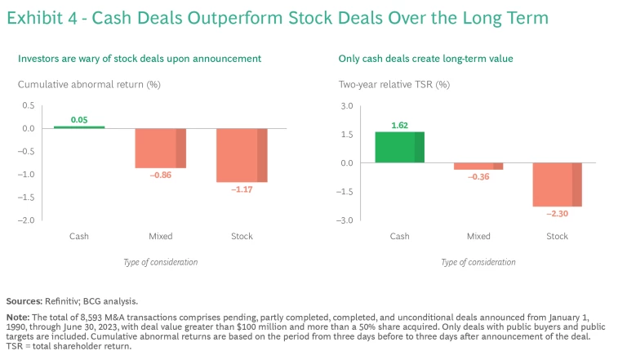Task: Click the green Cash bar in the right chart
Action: point(399,147)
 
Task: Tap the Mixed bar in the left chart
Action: point(160,148)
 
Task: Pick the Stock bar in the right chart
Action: point(557,184)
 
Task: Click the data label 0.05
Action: point(79,120)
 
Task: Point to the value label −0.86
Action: point(160,175)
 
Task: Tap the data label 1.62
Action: point(399,126)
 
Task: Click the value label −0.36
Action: point(478,177)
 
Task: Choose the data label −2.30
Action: point(557,213)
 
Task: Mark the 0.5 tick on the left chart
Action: point(29,106)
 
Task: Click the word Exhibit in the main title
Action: point(38,17)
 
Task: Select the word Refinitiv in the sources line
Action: point(71,300)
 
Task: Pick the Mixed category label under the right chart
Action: point(478,237)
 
